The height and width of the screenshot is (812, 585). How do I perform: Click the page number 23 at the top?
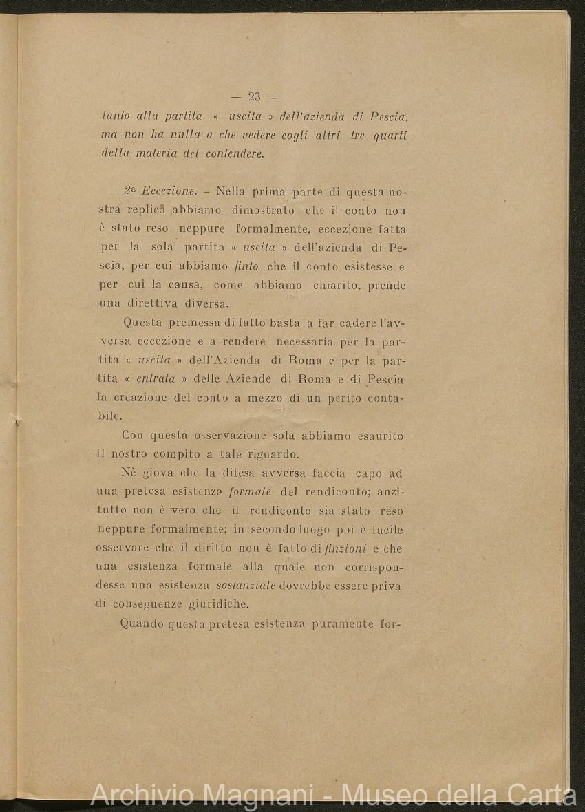(x=254, y=96)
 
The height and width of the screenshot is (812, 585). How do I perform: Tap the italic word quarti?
(x=390, y=136)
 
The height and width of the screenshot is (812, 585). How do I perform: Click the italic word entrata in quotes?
(x=156, y=378)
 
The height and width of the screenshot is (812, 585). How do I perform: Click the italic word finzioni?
(x=345, y=548)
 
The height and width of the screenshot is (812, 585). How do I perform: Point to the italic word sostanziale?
(x=246, y=586)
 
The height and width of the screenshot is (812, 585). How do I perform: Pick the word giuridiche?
(x=219, y=605)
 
